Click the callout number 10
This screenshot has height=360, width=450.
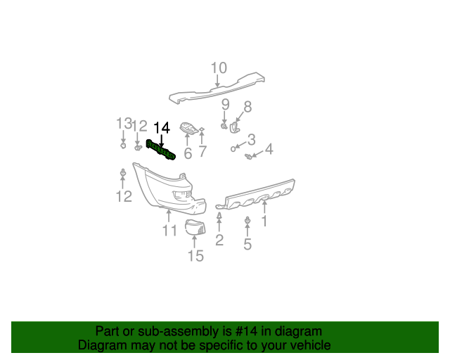click(218, 68)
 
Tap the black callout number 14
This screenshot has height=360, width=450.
click(162, 127)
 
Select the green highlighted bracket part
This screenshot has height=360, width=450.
click(160, 150)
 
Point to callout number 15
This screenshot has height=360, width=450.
click(195, 256)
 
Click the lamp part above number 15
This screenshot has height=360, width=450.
click(193, 226)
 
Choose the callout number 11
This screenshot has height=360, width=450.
click(169, 231)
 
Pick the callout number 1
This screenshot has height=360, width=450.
click(264, 222)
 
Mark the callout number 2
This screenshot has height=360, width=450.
click(219, 241)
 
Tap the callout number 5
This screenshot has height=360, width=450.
click(247, 245)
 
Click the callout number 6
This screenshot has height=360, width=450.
click(188, 153)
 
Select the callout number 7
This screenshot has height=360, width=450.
click(202, 152)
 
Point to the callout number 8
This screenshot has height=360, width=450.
click(247, 107)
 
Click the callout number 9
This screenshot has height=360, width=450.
click(225, 105)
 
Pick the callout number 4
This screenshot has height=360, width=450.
click(269, 148)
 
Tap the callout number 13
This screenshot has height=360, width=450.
click(124, 124)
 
